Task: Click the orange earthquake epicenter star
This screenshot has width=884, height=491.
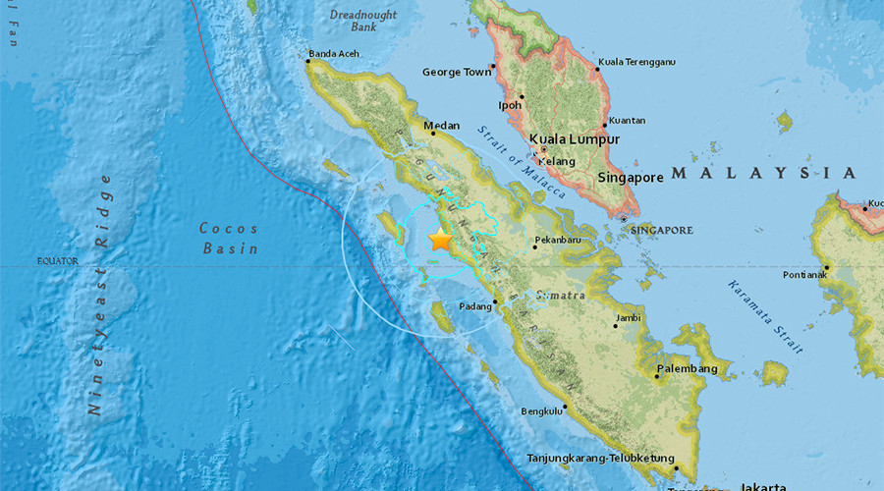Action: (440, 241)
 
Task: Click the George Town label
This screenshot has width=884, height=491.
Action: (456, 72)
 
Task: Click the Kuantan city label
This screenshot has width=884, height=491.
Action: (627, 120)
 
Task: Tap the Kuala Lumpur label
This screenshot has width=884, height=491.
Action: (575, 139)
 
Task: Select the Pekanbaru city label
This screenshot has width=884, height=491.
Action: (562, 240)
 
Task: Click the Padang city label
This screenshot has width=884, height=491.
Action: (476, 307)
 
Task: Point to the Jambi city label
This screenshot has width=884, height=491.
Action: (628, 318)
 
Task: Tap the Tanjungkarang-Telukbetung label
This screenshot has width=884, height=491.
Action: (601, 458)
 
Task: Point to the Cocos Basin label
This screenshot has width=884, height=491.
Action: (230, 239)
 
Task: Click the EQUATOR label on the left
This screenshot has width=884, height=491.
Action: (57, 261)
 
